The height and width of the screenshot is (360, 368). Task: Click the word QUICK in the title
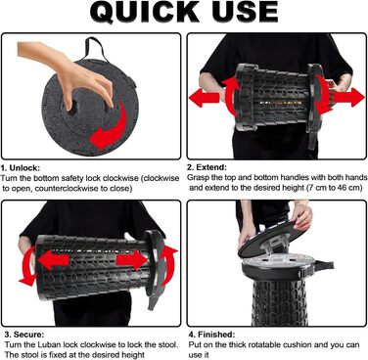145,12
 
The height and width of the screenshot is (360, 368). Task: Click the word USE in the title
245,12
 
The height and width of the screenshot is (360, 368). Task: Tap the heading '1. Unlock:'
21,168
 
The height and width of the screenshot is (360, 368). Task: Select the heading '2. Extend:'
207,167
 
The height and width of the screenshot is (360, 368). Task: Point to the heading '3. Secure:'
24,335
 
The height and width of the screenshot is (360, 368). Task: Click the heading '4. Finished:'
211,335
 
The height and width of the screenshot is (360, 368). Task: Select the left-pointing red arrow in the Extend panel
205,99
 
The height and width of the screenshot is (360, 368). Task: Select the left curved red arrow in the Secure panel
26,266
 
